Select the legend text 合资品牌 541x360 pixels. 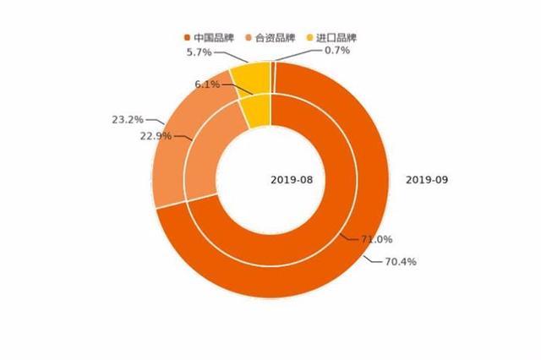tap(275, 38)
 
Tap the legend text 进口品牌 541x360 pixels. tap(336, 38)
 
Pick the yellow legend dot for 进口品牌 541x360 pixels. tap(309, 38)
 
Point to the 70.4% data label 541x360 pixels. tap(400, 261)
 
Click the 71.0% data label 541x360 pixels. tap(376, 240)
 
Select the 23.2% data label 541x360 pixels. tap(127, 120)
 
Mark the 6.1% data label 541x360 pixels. tap(207, 85)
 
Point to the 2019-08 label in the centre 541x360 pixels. tap(292, 179)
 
